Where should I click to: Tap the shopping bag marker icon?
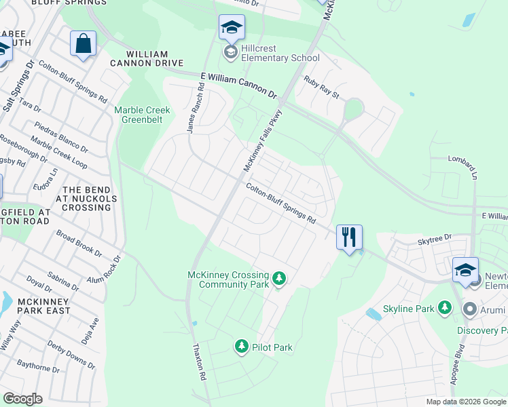83,44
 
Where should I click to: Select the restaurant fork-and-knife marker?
349,237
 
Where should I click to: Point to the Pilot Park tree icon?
241,347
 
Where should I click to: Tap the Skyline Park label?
407,309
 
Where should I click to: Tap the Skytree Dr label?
435,239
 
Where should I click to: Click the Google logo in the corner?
22,399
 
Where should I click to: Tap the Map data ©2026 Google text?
465,402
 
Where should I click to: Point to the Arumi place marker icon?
469,309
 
